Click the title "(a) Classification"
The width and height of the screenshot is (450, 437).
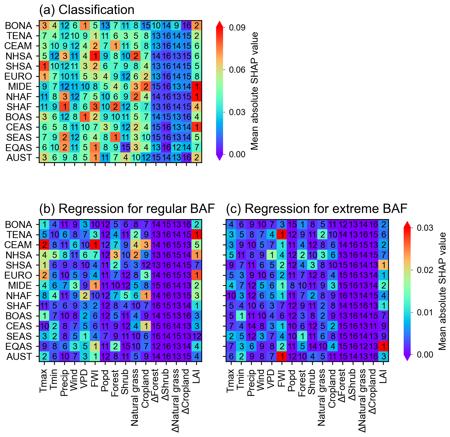[x=87, y=10]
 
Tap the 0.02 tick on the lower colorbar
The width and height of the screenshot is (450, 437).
[x=425, y=270]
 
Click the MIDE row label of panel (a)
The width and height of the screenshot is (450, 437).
[x=20, y=86]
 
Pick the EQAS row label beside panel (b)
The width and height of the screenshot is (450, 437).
[x=19, y=346]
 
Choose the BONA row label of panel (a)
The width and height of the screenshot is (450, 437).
[x=18, y=26]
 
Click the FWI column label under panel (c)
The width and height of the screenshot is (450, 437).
[x=282, y=378]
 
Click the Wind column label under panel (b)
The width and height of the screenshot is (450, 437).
[x=75, y=380]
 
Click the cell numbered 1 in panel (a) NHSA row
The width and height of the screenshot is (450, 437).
[x=95, y=56]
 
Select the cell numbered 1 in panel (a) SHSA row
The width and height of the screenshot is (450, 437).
[x=45, y=66]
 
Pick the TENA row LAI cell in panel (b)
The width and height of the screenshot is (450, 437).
[x=197, y=235]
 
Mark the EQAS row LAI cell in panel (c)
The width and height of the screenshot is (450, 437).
[x=383, y=346]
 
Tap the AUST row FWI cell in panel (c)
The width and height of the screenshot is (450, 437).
[x=282, y=357]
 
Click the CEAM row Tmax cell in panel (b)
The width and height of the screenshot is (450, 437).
[x=45, y=245]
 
